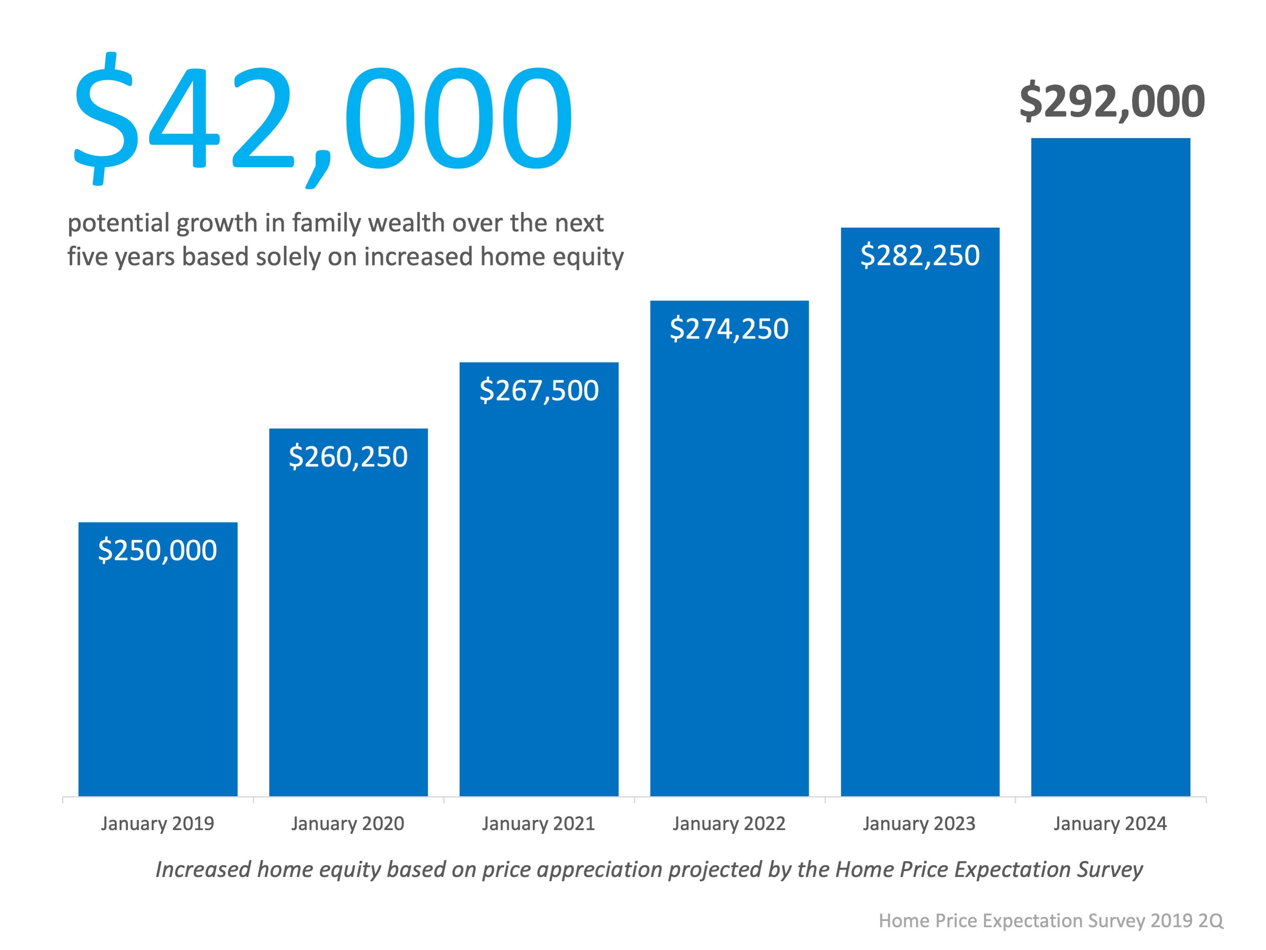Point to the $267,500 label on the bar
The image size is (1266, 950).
[x=539, y=391]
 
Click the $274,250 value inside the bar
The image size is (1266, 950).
[x=729, y=329]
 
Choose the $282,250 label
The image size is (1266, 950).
[x=920, y=256]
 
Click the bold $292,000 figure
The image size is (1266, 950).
[x=1111, y=101]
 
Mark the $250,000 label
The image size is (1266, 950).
[x=157, y=551]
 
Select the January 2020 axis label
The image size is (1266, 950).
[x=347, y=823]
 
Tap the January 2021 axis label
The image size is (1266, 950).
[x=538, y=823]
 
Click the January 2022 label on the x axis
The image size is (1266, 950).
[x=729, y=823]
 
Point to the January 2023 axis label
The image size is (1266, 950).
[x=919, y=823]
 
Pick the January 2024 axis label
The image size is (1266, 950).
[x=1110, y=823]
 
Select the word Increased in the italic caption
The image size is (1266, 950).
[x=203, y=869]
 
